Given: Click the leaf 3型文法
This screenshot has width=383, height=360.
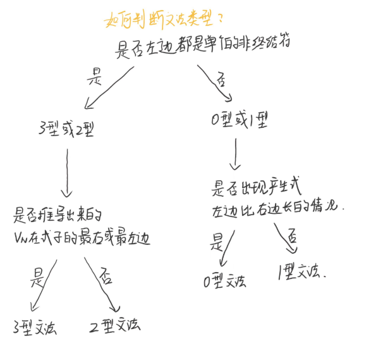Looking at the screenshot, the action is point(34,328).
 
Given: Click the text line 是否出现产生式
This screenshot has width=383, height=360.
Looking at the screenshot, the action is point(257,188).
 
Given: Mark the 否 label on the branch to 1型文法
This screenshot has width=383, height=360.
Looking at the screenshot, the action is point(291,237).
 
